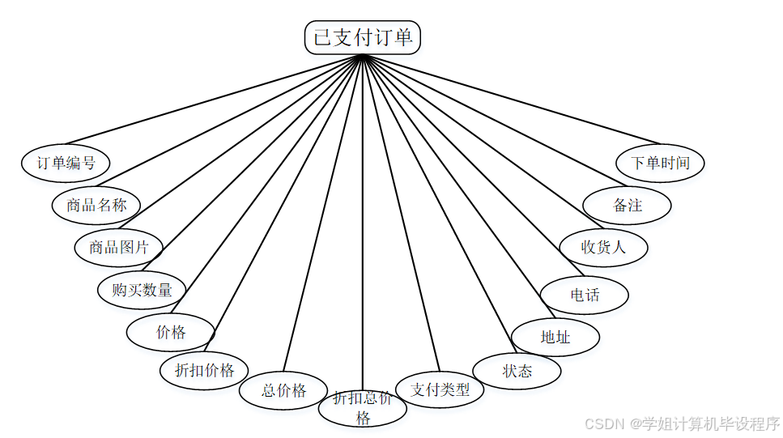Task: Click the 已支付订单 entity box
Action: (x=362, y=37)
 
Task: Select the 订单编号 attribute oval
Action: (x=66, y=162)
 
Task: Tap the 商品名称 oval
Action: (x=96, y=205)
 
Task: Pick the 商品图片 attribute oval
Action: (x=119, y=247)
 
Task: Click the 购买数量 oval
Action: (x=142, y=290)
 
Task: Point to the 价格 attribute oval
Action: (x=171, y=332)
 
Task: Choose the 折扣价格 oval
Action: (x=205, y=370)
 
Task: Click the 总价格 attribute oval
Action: (x=283, y=390)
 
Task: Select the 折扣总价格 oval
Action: (x=362, y=407)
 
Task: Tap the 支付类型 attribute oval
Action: (x=440, y=389)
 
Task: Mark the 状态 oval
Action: (x=517, y=371)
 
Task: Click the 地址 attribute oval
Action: (x=555, y=337)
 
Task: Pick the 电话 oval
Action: (x=585, y=295)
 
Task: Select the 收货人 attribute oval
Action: (x=604, y=247)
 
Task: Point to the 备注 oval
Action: (x=628, y=205)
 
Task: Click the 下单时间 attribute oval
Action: (x=661, y=163)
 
